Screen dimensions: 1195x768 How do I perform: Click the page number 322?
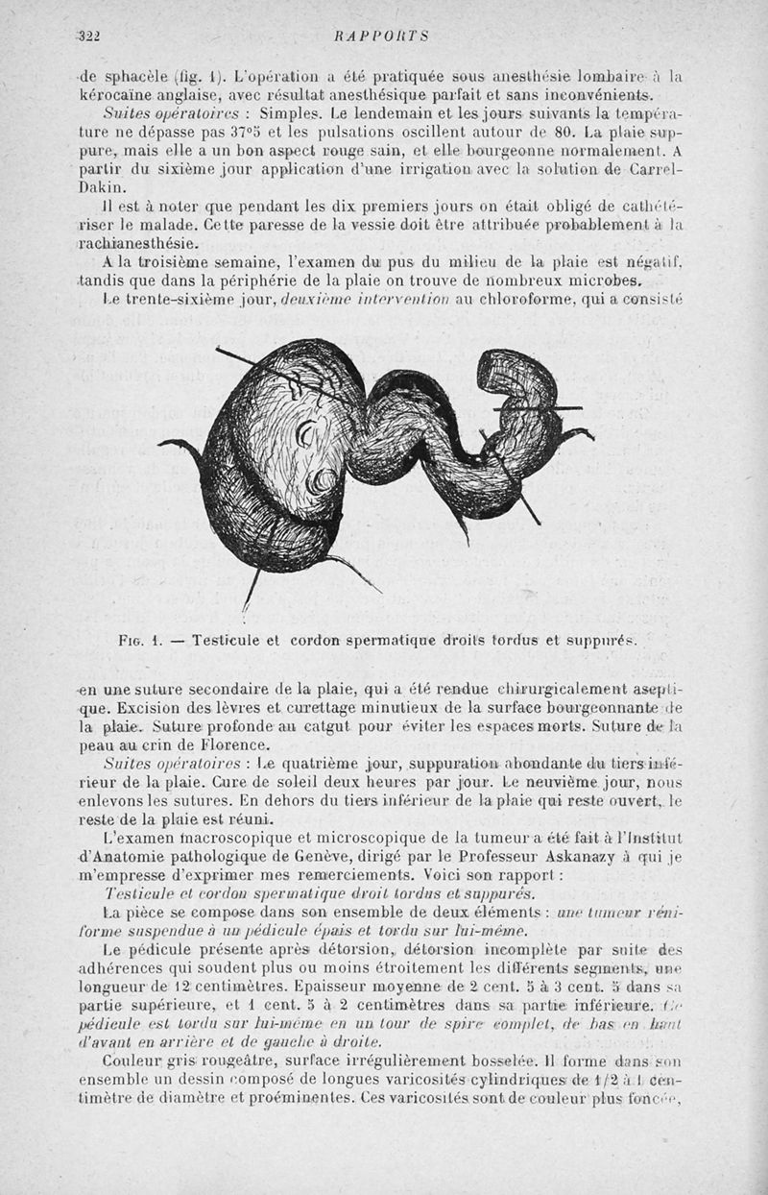point(91,37)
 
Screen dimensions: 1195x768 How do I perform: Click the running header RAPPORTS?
point(381,37)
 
